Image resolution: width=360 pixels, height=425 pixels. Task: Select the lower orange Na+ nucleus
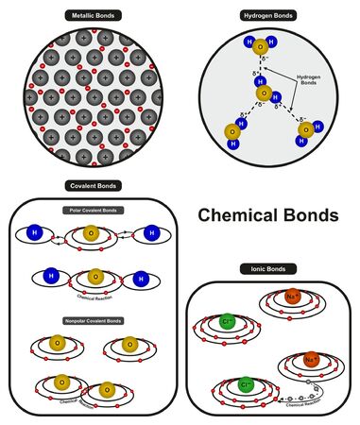[x=309, y=361]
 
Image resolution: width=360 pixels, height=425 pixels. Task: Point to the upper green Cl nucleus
[x=227, y=322]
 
